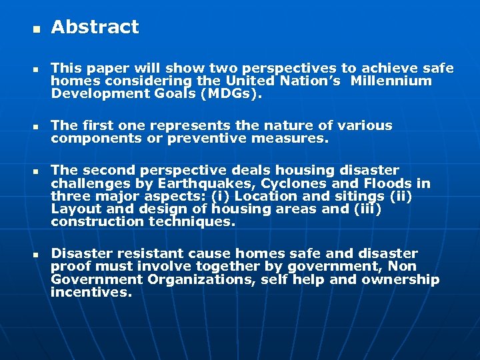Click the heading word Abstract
coord(95,27)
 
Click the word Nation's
coord(315,81)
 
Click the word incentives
coord(91,292)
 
